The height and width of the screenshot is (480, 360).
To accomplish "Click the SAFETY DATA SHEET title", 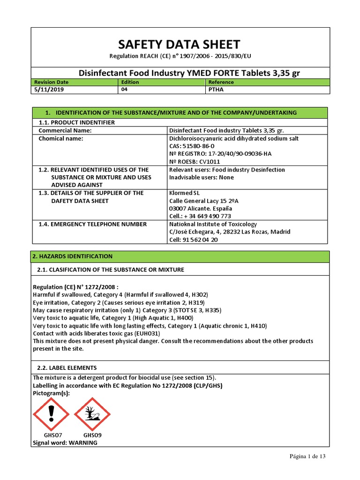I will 180,45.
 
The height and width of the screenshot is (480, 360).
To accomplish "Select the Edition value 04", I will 124,90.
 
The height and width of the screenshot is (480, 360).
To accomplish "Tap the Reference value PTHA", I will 215,90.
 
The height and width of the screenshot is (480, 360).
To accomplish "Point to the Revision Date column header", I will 52,82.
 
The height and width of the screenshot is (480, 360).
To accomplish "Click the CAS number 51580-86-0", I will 198,146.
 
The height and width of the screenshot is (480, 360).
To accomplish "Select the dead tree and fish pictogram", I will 92,413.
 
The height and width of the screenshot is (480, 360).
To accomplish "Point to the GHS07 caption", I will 52,435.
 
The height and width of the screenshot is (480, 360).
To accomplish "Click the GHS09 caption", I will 92,435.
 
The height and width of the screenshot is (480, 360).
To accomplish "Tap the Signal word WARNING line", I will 65,442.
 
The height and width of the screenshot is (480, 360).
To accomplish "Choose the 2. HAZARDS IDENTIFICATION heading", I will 72,256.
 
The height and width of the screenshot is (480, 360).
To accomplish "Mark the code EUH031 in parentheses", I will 147,333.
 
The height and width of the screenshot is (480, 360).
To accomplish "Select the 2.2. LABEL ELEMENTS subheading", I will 67,368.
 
